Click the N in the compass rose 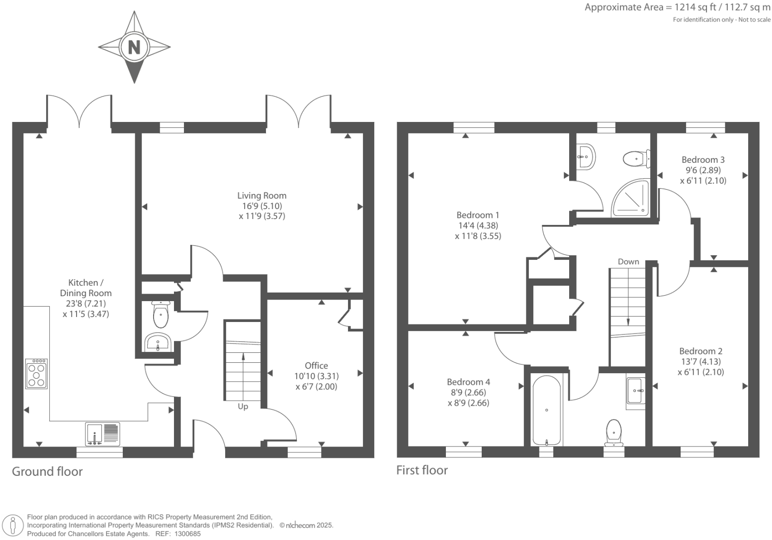tap(134, 47)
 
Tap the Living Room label tap(261, 196)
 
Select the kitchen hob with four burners tap(36, 374)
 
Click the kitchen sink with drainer tap(102, 434)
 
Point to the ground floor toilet tap(161, 314)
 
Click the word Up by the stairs tap(243, 407)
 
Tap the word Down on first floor tap(628, 262)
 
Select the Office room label tap(316, 365)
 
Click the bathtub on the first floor tap(547, 410)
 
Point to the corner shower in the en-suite tap(630, 198)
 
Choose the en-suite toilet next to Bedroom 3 tap(637, 159)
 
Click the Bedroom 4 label tap(468, 382)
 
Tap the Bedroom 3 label tap(703, 160)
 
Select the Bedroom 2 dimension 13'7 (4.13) tap(700, 362)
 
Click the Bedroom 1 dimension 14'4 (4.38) tap(478, 225)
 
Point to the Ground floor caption tap(47, 471)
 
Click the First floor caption tap(422, 470)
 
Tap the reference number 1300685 tap(187, 534)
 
